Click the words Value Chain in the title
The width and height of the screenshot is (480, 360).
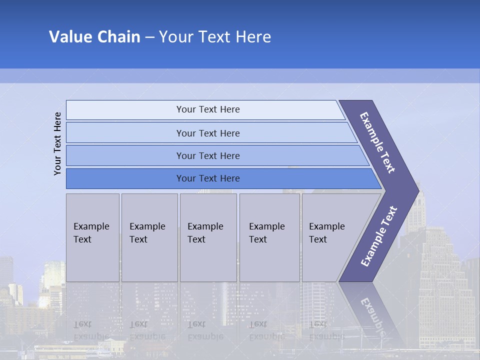[94, 37]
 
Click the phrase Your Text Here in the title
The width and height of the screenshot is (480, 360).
[215, 37]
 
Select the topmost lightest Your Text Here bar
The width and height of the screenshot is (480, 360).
[208, 109]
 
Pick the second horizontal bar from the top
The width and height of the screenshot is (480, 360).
[208, 133]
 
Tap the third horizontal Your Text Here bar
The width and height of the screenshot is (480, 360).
[208, 155]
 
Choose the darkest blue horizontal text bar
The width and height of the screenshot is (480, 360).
[208, 178]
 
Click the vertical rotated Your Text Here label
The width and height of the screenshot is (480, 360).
[57, 143]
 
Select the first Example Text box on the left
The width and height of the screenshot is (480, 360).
[92, 237]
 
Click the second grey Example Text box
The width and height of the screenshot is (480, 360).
[149, 237]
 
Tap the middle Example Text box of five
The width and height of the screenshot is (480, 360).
[208, 237]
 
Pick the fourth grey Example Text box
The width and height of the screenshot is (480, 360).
[269, 237]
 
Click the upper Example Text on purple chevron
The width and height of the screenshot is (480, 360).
[378, 142]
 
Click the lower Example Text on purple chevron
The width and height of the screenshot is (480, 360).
[379, 236]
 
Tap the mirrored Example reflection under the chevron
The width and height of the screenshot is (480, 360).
[372, 315]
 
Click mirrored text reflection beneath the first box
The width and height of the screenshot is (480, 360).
[91, 330]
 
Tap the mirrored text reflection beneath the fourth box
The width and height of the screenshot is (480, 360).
[266, 330]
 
